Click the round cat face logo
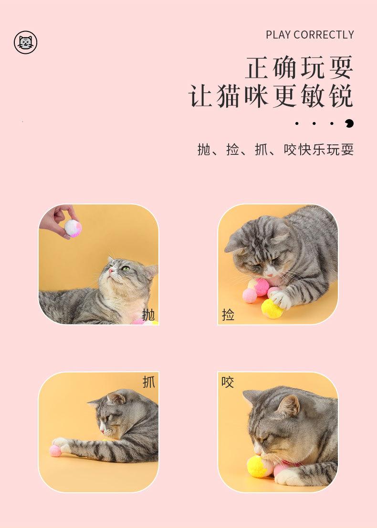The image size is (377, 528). pos(26,42)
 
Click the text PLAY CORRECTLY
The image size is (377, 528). pos(310,35)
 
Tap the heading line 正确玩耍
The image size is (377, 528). pos(299,68)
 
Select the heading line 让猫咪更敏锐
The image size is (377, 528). pos(271,96)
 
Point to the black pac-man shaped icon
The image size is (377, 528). pos(349,123)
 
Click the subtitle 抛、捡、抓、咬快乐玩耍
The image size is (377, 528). pos(275,150)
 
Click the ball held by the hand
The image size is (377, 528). pos(73,228)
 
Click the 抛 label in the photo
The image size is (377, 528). pos(148,315)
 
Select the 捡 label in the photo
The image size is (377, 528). pos(228,315)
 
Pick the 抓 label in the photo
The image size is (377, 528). pos(149,382)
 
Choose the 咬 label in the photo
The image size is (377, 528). pos(228,382)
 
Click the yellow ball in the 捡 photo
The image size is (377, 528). pos(272,308)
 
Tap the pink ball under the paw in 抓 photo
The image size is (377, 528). pos(56,450)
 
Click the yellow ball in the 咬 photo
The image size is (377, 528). pos(259,467)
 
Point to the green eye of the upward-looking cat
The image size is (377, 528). pos(126,268)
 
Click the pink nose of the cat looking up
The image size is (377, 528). pos(110,270)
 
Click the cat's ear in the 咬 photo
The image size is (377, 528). pos(289,405)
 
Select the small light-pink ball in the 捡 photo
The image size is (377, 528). pos(250,295)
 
